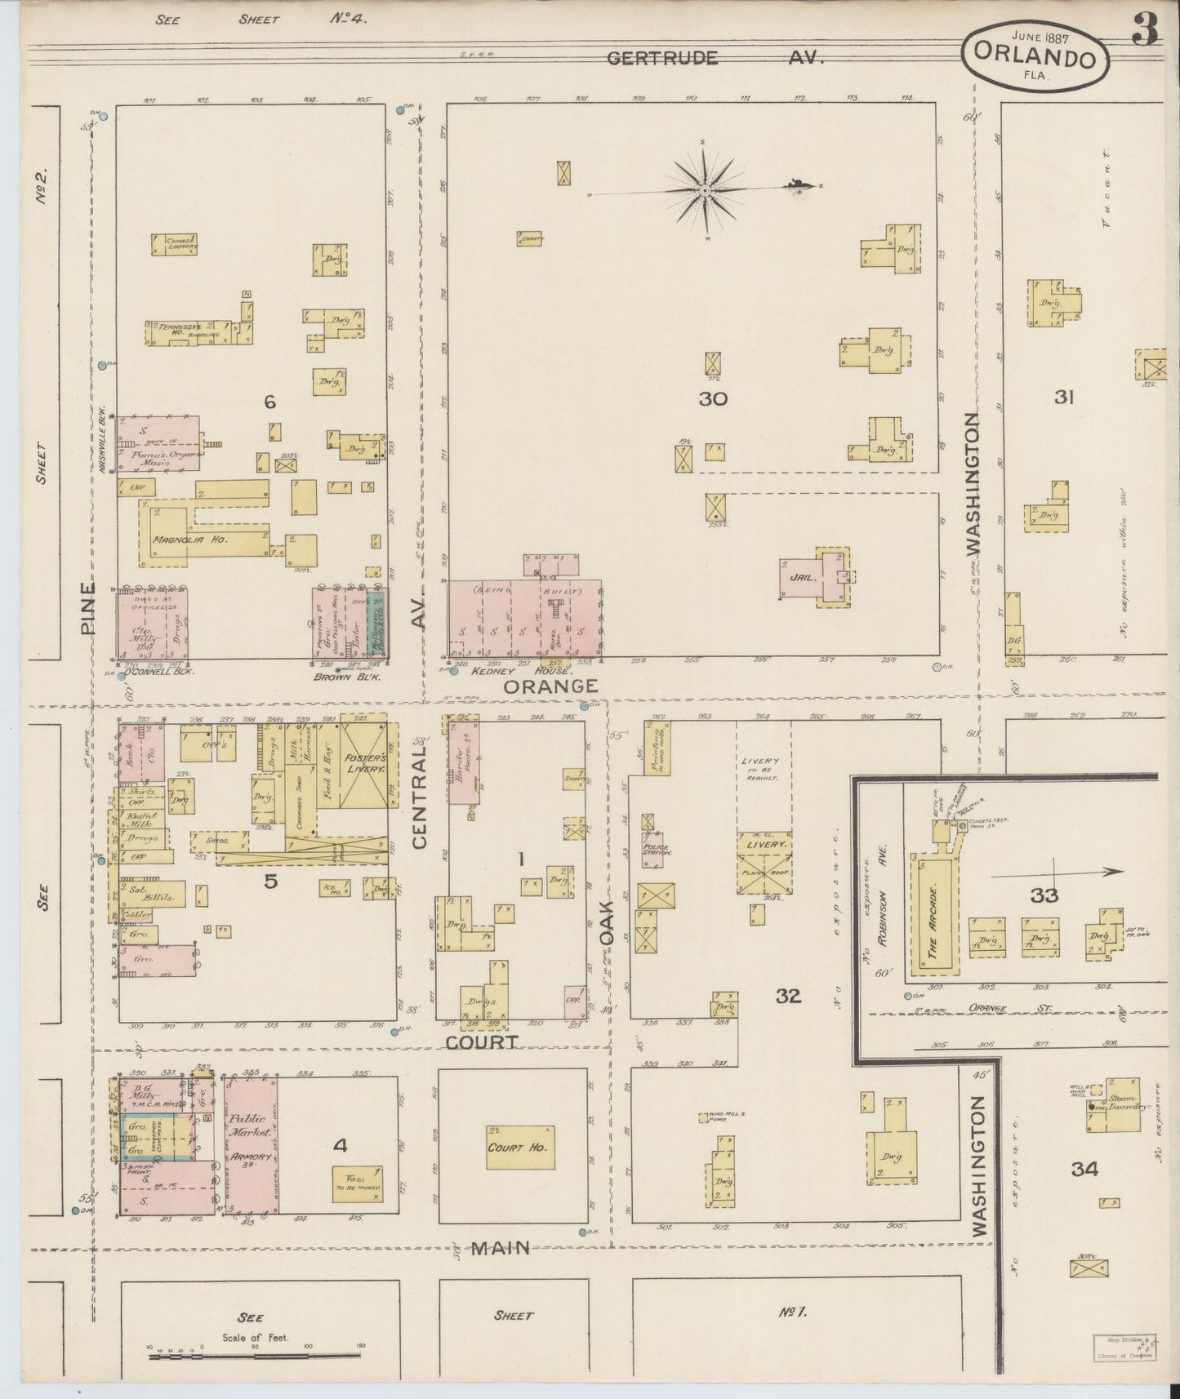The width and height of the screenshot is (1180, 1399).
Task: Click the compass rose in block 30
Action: (704, 190)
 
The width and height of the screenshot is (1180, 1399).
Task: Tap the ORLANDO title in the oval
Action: (1035, 59)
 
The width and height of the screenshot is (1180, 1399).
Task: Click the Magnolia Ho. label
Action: (189, 539)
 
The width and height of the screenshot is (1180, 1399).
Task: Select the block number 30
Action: (712, 399)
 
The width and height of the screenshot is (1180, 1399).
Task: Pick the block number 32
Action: (788, 995)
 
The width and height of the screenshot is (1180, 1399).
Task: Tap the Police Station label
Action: (654, 849)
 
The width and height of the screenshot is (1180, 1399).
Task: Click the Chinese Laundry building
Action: (174, 243)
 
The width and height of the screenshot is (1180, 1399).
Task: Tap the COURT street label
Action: (482, 1041)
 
